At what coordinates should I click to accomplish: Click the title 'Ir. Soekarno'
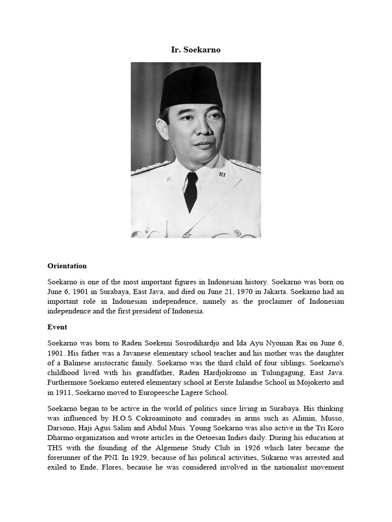pyautogui.click(x=195, y=49)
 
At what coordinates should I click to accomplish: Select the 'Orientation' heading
pyautogui.click(x=67, y=266)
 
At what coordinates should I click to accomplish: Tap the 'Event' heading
pyautogui.click(x=57, y=327)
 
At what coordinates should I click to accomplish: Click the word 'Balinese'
pyautogui.click(x=72, y=363)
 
